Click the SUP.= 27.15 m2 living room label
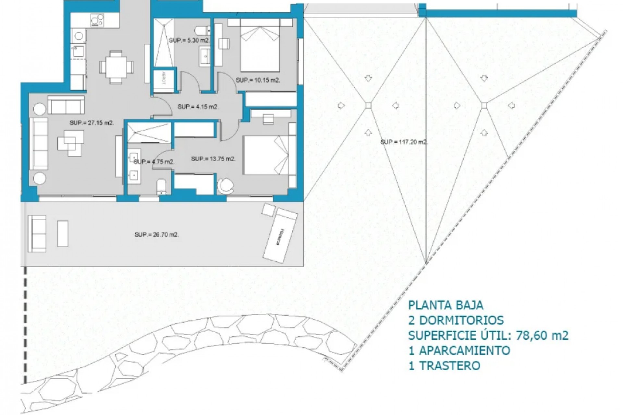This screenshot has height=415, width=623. point(92,123)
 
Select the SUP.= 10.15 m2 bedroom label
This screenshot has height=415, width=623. point(258,80)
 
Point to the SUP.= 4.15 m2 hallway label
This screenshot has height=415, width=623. point(198,107)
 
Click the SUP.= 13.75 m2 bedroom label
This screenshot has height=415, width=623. point(213,159)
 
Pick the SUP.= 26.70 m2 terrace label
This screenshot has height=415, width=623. point(157,235)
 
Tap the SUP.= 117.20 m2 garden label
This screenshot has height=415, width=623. point(404,142)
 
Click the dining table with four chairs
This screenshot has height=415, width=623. point(116,67)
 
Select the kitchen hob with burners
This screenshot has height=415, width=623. point(97,20)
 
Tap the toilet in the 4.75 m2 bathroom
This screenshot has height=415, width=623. point(161,186)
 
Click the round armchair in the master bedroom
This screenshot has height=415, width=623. point(225,185)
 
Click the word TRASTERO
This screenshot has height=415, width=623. point(450,365)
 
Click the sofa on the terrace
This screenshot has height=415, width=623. point(37,233)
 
